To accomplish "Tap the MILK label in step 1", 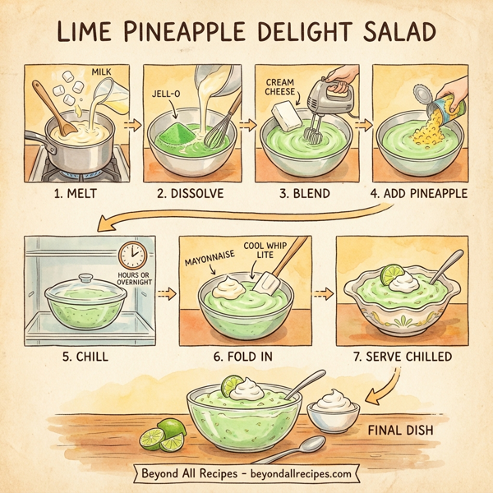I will (x=101, y=73).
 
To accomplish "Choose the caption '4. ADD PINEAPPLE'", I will (x=418, y=194).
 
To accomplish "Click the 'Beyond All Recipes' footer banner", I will (x=246, y=474).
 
